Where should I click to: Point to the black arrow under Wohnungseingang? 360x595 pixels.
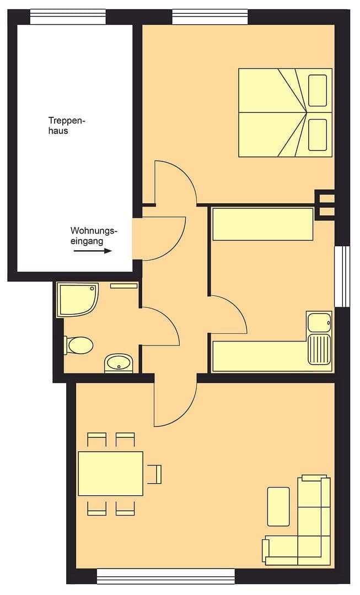(x=93, y=251)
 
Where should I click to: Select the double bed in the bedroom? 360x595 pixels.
(x=285, y=112)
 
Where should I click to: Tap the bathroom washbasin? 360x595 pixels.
(x=117, y=363)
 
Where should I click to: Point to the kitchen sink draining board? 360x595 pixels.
(x=319, y=349)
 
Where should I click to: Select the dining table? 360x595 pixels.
(x=110, y=473)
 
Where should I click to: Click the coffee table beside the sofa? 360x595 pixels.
(x=278, y=506)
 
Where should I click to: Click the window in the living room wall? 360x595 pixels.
(x=165, y=576)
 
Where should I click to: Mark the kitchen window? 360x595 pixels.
(x=342, y=275)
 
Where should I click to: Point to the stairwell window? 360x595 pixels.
(x=67, y=17)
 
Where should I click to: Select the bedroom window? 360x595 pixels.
(x=210, y=17)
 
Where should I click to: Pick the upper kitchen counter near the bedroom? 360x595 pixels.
(x=262, y=224)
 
